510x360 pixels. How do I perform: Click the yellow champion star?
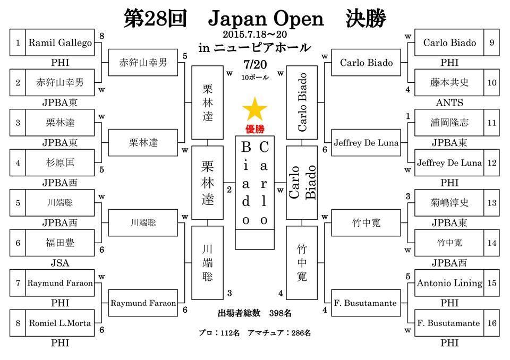[254, 109]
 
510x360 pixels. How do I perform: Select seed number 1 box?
[18, 42]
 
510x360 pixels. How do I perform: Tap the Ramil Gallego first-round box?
[60, 42]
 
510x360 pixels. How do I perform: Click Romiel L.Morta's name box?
[60, 323]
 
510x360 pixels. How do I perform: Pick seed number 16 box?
[491, 323]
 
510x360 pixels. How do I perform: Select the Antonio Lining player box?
[449, 283]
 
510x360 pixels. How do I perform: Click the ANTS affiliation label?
[449, 103]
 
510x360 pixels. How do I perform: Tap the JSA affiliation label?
[60, 263]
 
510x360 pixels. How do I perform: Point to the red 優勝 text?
[255, 129]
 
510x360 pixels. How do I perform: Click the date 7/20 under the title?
[255, 65]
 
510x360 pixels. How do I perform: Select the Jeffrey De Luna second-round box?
[366, 143]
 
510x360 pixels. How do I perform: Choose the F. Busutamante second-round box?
[366, 303]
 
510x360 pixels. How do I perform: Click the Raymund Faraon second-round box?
[143, 303]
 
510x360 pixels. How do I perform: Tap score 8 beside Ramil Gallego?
[102, 36]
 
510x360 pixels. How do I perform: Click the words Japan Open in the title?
[266, 19]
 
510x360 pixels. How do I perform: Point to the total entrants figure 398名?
[280, 313]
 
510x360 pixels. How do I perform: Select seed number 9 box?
[491, 42]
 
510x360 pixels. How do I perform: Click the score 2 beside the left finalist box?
[229, 190]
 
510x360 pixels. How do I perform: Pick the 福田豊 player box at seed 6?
[60, 243]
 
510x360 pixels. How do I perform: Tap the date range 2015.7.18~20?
[255, 34]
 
